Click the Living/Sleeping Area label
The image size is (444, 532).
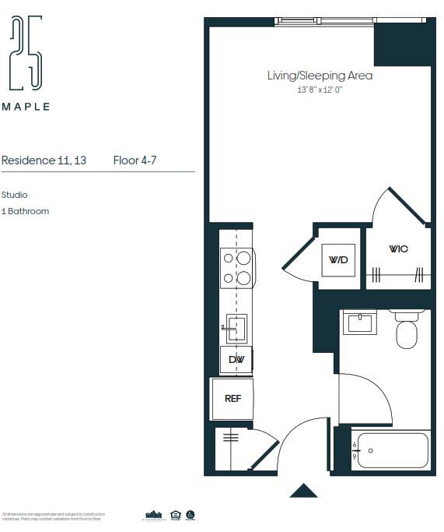pos(320,76)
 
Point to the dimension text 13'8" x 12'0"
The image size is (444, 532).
pos(320,90)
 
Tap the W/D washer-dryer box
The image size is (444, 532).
pos(338,259)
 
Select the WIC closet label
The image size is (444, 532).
pos(398,248)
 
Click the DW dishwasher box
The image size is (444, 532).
pos(236,359)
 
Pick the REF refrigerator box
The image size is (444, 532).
pos(232,397)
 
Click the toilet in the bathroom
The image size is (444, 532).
pos(407,331)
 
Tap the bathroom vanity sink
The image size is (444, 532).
pos(360,322)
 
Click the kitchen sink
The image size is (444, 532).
pos(236,327)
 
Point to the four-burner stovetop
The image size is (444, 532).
pos(236,267)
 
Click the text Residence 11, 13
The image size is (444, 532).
pos(44,160)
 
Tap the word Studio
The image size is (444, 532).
pos(15,196)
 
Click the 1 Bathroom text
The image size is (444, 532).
pos(25,211)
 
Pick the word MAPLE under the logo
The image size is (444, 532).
pos(26,107)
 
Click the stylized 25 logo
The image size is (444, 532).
pos(26,55)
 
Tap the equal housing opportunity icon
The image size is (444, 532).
pos(175,515)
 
